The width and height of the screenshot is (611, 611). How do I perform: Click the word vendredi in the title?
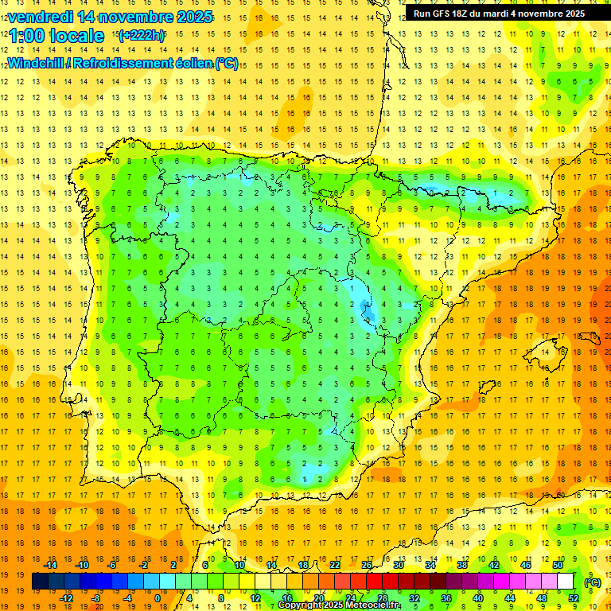tap(40, 17)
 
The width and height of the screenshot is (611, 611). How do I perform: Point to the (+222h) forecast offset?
tap(141, 36)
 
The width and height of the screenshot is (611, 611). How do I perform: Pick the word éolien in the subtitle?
tap(190, 64)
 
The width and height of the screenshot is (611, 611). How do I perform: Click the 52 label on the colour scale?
tap(574, 598)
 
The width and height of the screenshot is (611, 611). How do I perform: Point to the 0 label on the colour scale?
tap(157, 598)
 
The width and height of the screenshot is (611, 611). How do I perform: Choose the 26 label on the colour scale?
tap(366, 565)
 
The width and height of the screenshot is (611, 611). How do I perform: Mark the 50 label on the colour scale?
tap(557, 565)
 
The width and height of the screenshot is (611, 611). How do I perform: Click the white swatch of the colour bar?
tap(566, 582)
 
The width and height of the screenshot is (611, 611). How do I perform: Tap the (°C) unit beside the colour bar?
tap(592, 582)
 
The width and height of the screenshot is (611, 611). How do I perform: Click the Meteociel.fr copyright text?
tap(339, 605)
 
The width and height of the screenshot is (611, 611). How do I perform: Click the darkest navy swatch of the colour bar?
tap(40, 582)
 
